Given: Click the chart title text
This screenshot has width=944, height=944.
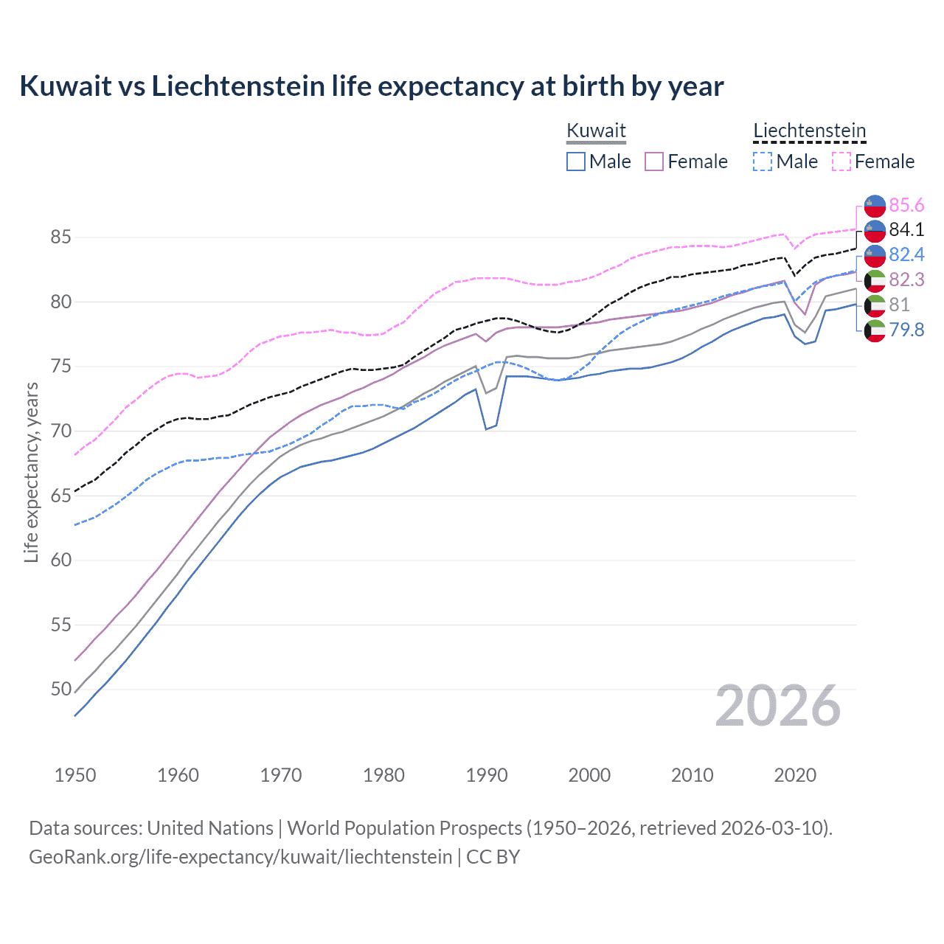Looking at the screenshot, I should (372, 86).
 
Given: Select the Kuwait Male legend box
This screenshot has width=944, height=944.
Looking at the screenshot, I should (576, 162).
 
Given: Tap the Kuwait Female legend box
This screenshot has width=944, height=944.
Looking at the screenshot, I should (654, 162).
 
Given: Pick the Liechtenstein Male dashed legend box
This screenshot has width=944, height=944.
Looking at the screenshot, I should (763, 162).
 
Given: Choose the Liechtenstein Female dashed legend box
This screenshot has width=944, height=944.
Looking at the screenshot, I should (841, 162).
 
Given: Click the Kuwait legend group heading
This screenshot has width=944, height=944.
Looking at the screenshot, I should (596, 131).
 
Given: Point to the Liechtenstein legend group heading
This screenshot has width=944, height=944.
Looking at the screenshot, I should (809, 131).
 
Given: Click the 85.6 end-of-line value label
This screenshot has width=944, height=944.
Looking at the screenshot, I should (906, 205).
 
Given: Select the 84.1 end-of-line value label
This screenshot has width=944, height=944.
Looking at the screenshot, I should (906, 230).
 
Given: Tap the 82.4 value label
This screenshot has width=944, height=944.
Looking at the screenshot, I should (906, 254).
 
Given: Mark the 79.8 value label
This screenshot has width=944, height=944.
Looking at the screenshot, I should (906, 330).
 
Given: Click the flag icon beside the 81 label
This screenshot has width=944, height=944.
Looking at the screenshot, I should (875, 305).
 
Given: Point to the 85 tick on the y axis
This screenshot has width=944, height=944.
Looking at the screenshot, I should (60, 237).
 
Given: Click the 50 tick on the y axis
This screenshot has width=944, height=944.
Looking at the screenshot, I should (60, 690).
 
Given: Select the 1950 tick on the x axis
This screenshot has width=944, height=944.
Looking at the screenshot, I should (75, 775).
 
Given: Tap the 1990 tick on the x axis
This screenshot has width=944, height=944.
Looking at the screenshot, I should (487, 775).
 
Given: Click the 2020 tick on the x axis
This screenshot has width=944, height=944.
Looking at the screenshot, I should (795, 775).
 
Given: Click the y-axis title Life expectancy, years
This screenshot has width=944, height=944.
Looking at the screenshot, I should (31, 472).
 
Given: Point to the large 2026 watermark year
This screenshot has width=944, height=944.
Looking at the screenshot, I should (778, 706).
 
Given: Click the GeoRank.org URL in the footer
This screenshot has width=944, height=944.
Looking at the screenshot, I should (240, 857).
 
